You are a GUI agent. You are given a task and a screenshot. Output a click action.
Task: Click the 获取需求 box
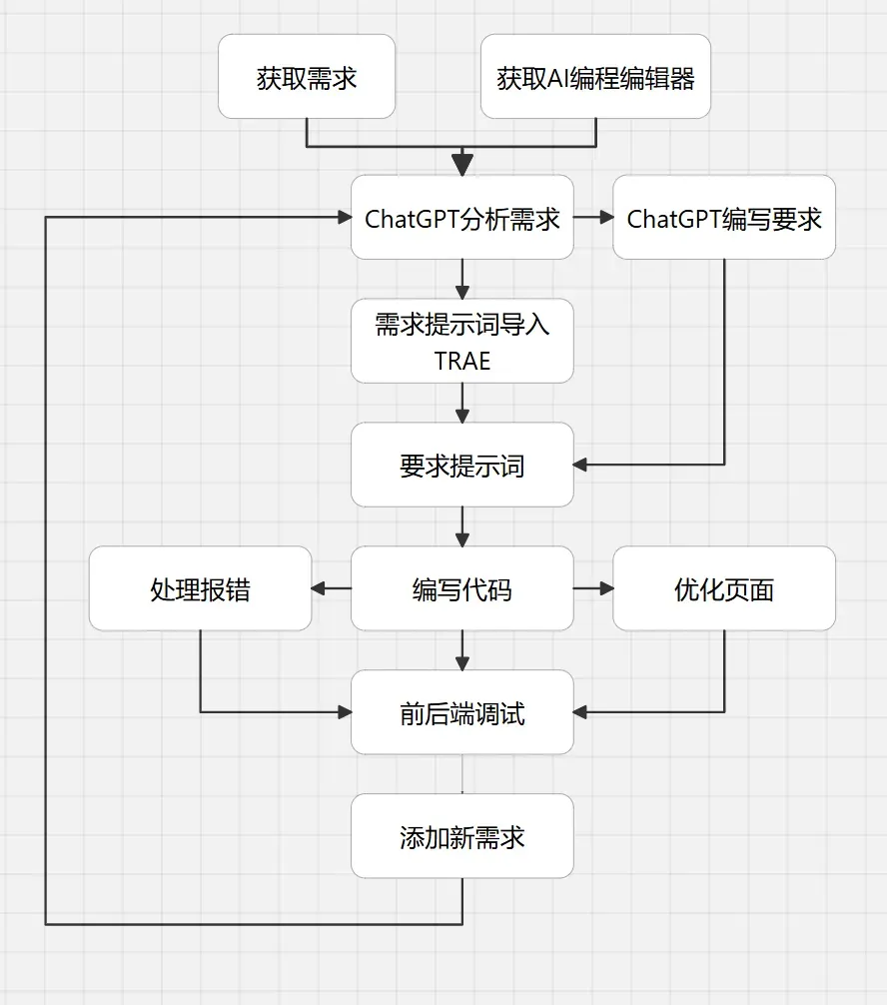tap(306, 78)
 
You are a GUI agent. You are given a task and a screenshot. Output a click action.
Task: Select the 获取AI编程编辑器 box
tap(595, 78)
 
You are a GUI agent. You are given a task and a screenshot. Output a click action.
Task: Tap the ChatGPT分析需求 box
tap(461, 218)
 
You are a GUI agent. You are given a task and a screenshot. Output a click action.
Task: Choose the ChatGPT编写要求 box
tap(723, 218)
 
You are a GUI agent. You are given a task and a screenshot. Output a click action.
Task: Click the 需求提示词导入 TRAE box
tap(461, 342)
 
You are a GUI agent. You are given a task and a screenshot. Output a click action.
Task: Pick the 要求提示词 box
tap(461, 466)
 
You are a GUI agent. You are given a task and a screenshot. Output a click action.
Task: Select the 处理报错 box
tap(200, 589)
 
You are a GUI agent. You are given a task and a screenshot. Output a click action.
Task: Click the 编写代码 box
tap(461, 589)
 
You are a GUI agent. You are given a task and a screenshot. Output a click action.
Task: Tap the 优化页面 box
tap(723, 589)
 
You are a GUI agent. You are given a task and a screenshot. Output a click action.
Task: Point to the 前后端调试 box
tap(461, 713)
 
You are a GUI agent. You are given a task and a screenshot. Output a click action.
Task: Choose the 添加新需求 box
tap(461, 837)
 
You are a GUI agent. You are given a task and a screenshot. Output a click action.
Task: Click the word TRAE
tap(461, 360)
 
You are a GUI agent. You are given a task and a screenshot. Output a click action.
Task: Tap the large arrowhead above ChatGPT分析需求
tap(461, 163)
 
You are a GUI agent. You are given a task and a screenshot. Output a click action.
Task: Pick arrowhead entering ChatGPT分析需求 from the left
tap(343, 218)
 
